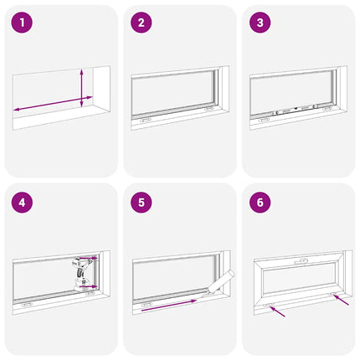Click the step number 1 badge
click(22, 23)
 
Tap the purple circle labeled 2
click(141, 23)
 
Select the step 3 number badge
click(261, 23)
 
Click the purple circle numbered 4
click(22, 202)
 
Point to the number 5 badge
click(141, 202)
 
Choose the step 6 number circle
click(261, 202)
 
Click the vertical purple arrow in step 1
click(81, 87)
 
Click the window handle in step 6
click(301, 262)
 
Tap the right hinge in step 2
click(207, 109)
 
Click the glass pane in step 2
click(172, 91)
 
